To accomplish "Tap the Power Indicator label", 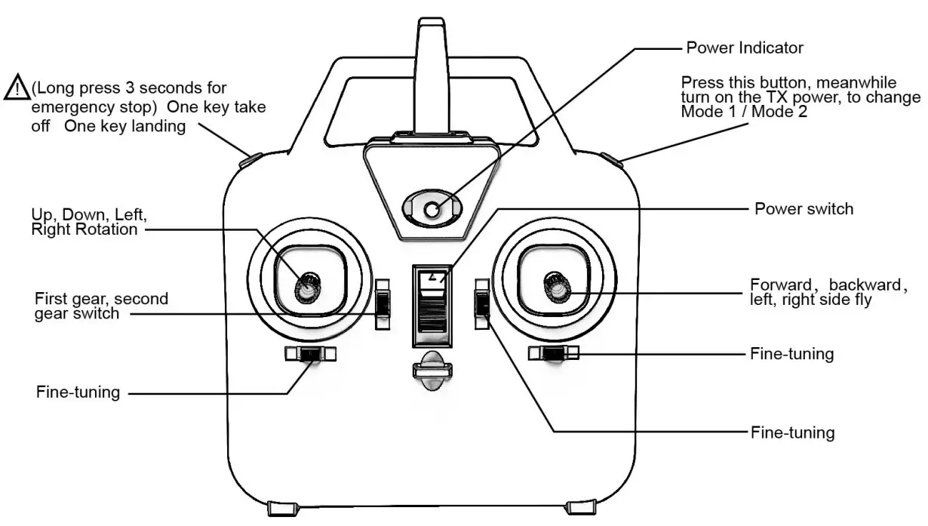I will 744,48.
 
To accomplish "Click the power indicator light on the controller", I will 431,210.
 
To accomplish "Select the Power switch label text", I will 804,208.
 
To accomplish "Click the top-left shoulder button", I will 250,159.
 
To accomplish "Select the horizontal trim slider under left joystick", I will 310,354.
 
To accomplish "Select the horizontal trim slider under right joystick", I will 555,352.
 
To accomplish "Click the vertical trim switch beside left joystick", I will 384,303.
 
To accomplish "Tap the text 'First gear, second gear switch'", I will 101,306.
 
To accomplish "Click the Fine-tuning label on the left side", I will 78,392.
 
